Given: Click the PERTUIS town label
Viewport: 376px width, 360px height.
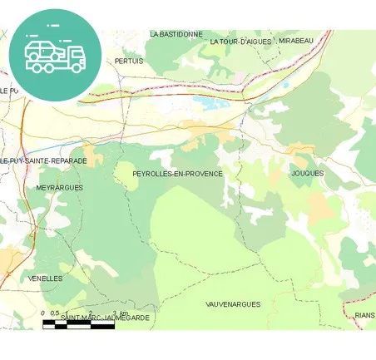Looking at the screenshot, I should [129, 62].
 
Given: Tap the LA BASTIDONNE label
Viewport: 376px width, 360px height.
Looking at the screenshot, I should [176, 34].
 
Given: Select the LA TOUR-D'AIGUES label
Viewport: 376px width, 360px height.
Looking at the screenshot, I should [240, 41].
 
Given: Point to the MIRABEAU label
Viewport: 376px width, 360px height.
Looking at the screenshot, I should [296, 41].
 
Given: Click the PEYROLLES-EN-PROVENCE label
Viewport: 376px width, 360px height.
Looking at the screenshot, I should [178, 174].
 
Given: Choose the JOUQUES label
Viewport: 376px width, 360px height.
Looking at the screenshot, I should [308, 173].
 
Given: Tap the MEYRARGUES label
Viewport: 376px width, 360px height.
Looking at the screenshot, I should [60, 188].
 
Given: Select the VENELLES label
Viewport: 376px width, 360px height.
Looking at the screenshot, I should [45, 279].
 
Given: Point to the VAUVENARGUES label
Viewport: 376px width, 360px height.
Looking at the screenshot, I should [233, 304].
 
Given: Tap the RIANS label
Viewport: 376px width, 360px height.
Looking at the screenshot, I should [364, 316].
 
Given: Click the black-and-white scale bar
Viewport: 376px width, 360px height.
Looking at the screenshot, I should [78, 325].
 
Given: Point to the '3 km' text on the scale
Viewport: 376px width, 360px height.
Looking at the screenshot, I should [120, 313].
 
